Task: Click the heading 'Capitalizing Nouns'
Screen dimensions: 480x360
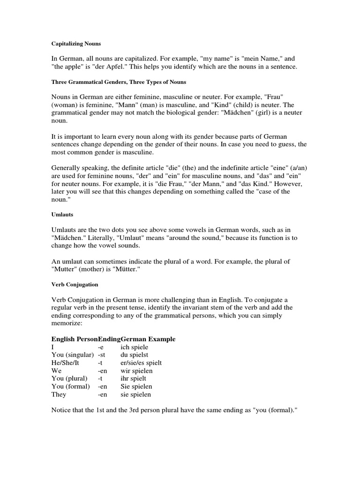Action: click(76, 44)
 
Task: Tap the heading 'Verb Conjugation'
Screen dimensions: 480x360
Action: click(75, 284)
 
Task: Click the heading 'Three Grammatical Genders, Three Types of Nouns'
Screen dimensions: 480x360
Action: click(119, 82)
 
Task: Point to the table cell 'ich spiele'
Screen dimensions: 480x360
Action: click(134, 347)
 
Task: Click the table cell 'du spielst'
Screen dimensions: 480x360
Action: click(135, 355)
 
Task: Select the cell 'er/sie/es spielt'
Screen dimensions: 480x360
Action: click(142, 363)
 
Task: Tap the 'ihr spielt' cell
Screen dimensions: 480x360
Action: click(134, 379)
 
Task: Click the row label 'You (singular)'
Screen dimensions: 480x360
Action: click(72, 355)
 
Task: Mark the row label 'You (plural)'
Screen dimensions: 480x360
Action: click(68, 379)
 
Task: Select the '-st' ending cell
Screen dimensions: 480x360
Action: click(101, 355)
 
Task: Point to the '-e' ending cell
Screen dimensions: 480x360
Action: click(100, 347)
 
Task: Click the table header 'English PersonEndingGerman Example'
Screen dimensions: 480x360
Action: click(113, 339)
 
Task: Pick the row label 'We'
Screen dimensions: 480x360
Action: click(56, 371)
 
